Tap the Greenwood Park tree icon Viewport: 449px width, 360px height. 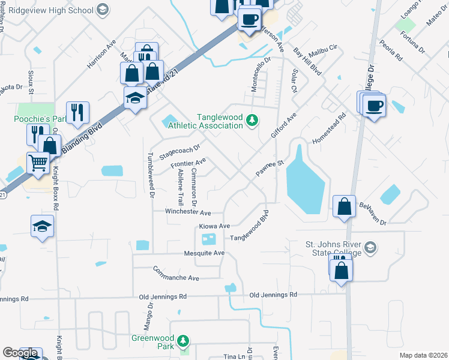click(184, 342)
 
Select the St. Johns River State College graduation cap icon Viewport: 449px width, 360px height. click(371, 247)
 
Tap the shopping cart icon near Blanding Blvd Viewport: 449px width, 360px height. click(38, 162)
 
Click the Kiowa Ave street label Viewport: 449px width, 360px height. click(215, 226)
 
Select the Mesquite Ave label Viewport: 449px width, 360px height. click(203, 253)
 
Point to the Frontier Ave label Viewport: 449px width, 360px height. click(188, 163)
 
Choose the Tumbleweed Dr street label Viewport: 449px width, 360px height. click(151, 173)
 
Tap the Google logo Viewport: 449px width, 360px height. click(20, 353)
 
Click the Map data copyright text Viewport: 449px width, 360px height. click(423, 355)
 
